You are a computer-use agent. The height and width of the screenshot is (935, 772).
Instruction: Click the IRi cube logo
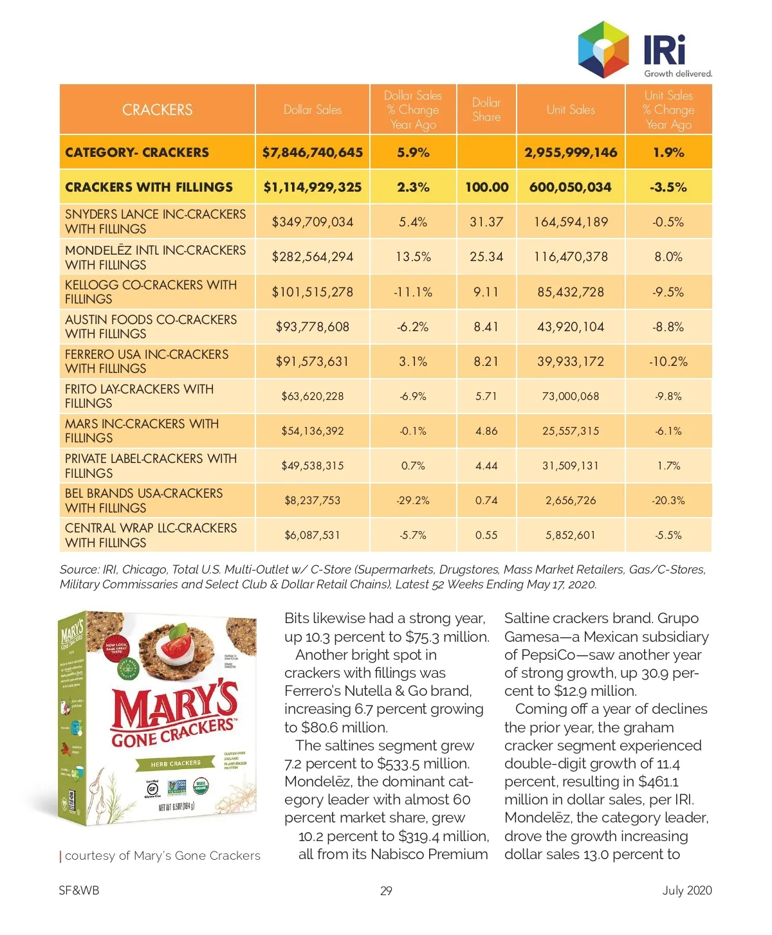tap(603, 49)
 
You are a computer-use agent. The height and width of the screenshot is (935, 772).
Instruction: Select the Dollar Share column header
tap(486, 110)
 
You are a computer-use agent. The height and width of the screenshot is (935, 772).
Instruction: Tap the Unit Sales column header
tap(571, 110)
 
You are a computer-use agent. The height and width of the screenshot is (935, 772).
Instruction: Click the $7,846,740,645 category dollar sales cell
tap(313, 152)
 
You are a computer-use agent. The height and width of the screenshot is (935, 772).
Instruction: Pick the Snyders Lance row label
tap(155, 222)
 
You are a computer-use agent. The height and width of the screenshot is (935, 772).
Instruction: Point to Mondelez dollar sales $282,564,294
tap(313, 257)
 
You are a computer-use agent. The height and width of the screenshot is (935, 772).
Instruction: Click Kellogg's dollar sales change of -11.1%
tap(413, 292)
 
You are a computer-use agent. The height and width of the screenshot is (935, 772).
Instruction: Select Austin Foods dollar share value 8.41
tap(486, 327)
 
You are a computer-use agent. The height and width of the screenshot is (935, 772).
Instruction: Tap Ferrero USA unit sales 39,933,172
tap(571, 361)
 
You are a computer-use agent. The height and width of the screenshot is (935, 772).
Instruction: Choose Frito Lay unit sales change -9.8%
tap(668, 396)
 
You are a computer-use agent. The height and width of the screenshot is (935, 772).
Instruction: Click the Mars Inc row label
tap(142, 431)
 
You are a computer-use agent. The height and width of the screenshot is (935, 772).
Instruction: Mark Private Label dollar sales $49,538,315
tap(313, 466)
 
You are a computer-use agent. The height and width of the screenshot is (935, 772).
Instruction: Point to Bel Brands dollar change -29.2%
tap(413, 500)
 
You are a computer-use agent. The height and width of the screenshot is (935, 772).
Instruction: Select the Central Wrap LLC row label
tap(151, 535)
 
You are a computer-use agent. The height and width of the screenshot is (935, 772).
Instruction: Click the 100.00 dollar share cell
tap(486, 187)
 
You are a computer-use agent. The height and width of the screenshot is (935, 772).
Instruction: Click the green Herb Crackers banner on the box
tap(176, 763)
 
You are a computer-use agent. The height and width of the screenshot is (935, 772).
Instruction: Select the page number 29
tap(386, 891)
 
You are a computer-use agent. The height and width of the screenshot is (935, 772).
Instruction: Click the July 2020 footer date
tap(687, 891)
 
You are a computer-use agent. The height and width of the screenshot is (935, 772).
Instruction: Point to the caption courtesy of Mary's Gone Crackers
tap(162, 856)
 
